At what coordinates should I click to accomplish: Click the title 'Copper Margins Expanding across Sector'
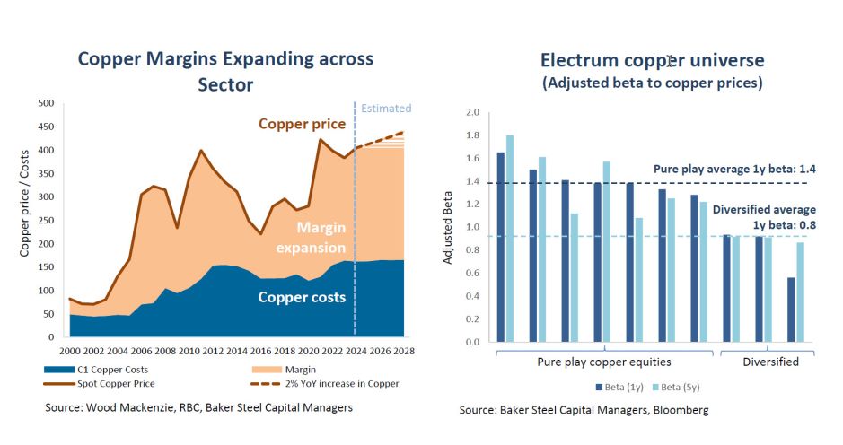[225, 71]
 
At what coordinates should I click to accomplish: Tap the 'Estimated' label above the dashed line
[385, 109]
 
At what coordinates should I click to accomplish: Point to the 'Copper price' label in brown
[302, 124]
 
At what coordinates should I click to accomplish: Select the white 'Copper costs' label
[302, 298]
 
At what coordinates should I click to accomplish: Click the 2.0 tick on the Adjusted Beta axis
[473, 113]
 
